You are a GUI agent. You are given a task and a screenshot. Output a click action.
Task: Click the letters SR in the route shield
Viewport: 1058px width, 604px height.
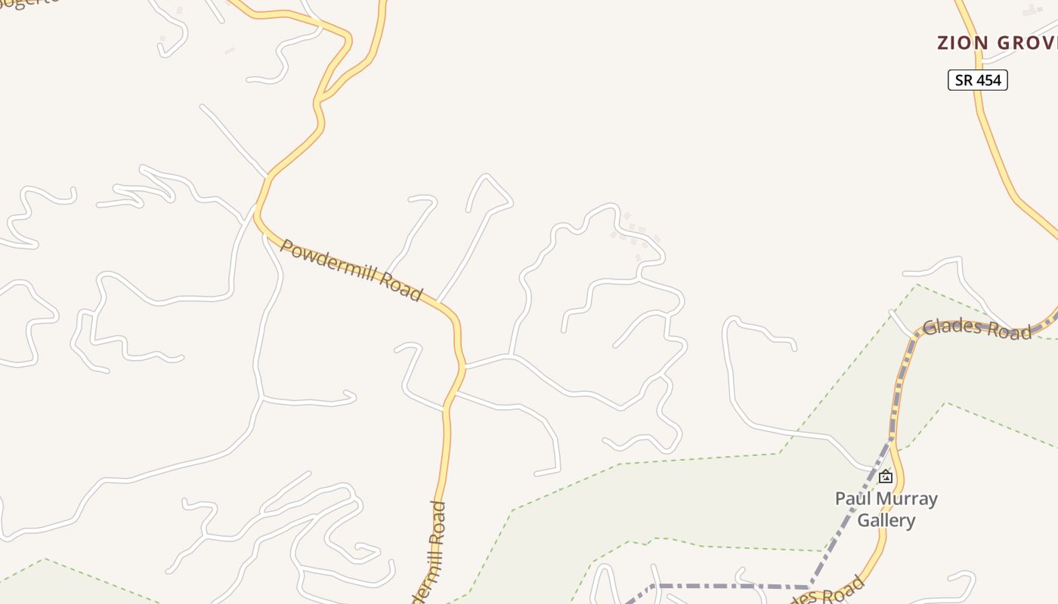click(964, 80)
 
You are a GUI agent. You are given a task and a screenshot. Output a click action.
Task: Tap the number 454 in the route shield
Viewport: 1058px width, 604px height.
click(988, 80)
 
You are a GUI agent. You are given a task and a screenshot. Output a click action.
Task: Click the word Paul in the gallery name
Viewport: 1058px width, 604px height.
click(851, 499)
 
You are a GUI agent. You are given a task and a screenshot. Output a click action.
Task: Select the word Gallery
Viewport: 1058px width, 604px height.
click(886, 520)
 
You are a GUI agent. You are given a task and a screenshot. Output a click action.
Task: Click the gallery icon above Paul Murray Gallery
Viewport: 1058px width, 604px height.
click(886, 477)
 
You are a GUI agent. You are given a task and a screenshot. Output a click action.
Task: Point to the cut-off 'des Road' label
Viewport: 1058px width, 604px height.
click(828, 591)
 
